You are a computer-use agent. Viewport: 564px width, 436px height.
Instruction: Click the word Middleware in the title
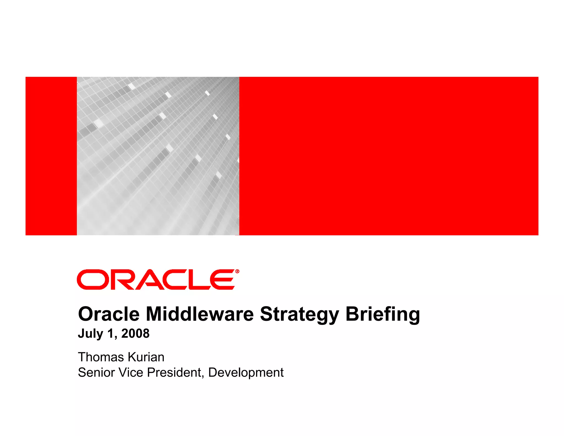[x=199, y=314]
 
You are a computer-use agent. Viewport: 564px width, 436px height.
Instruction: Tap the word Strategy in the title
[x=299, y=314]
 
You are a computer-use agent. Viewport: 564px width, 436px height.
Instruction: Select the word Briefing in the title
[x=383, y=314]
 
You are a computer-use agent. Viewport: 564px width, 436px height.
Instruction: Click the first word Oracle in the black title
[x=109, y=314]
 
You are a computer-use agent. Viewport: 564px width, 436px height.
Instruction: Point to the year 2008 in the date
[x=135, y=333]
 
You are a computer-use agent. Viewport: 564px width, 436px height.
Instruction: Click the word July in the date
[x=90, y=334]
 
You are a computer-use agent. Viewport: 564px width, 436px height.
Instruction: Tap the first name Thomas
[x=101, y=357]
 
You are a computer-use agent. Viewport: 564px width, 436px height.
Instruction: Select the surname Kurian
[x=146, y=357]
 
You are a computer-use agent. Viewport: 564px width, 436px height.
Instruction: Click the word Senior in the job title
[x=96, y=372]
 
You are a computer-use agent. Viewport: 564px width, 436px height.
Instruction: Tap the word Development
[x=246, y=373]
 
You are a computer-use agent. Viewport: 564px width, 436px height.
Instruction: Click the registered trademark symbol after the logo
[x=237, y=271]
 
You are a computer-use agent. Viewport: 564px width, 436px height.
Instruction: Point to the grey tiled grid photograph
[x=158, y=156]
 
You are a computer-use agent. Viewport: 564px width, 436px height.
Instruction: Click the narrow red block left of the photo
[x=51, y=156]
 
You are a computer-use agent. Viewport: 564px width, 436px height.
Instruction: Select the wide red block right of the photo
[x=388, y=156]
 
